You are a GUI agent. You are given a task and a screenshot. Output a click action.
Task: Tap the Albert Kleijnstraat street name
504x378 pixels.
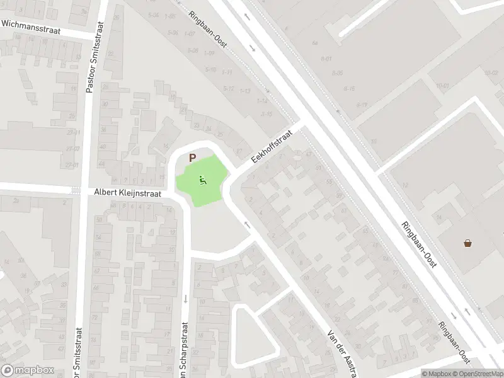click(x=129, y=194)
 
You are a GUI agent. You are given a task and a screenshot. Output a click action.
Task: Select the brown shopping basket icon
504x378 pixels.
click(x=468, y=243)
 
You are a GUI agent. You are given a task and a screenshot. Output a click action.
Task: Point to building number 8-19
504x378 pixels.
click(x=362, y=105)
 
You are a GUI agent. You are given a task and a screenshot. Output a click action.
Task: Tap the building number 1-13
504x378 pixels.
click(x=246, y=91)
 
